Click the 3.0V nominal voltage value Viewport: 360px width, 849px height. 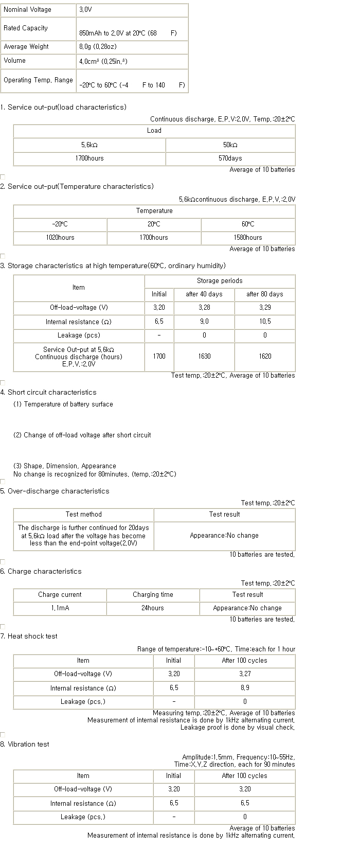pos(85,10)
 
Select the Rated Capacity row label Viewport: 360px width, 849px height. pos(26,28)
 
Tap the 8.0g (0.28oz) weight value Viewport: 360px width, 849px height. pos(98,47)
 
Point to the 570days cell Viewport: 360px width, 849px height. pos(230,158)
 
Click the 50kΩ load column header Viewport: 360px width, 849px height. pos(230,145)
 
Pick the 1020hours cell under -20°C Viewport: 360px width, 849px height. pos(60,238)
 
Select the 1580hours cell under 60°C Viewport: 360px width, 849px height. pos(247,238)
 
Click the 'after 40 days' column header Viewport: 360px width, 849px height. pos(204,294)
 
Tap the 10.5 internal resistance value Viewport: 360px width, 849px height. pos(265,322)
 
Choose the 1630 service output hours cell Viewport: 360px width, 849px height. pos(204,356)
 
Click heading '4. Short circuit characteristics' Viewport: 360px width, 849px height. pos(48,393)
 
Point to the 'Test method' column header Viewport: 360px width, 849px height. pos(83,515)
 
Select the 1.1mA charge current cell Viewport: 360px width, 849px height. pos(60,608)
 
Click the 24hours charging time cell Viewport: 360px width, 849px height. pos(152,608)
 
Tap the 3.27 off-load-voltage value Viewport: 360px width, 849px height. pos(245,674)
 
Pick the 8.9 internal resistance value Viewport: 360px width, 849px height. pos(245,688)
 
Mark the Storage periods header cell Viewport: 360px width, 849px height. pos(220,281)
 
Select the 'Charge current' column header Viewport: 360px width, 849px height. pos(60,595)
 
